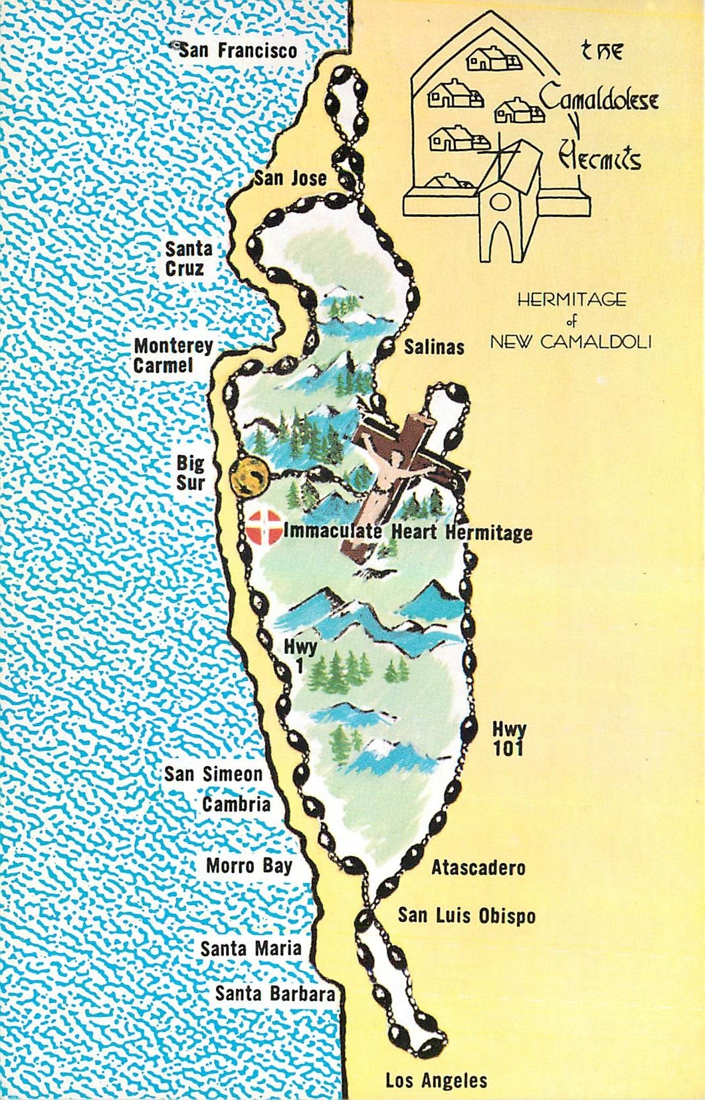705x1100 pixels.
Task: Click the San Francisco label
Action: [x=237, y=51]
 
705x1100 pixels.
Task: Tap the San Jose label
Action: [x=290, y=178]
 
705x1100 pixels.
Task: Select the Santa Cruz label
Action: [x=189, y=259]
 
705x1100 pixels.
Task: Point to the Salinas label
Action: [x=434, y=346]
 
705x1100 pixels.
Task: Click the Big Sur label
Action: [x=191, y=472]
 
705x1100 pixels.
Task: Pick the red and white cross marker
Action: [x=263, y=526]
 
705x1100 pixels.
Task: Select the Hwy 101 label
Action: [x=508, y=739]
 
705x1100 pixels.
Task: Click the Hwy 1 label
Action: [x=300, y=655]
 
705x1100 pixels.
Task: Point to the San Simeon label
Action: [x=213, y=774]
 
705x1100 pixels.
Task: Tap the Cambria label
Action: [x=237, y=805]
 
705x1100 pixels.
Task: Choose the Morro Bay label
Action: [x=249, y=866]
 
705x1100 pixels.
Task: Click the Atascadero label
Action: [x=478, y=868]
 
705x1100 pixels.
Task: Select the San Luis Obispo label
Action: [x=466, y=915]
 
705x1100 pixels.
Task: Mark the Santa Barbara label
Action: [x=274, y=994]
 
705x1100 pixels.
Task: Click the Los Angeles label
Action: [x=436, y=1081]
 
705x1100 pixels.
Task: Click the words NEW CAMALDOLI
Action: [x=570, y=342]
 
